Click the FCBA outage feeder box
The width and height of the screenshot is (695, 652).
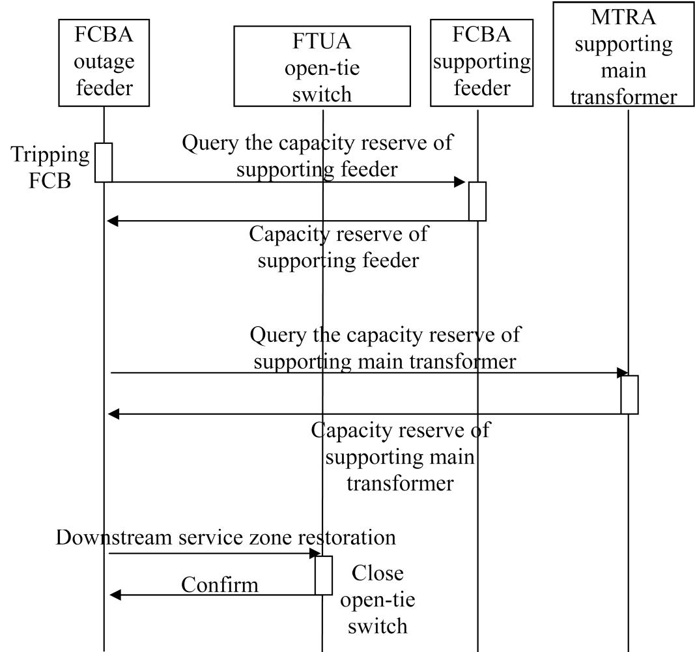[x=104, y=63]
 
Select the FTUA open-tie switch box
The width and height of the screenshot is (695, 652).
[x=322, y=66]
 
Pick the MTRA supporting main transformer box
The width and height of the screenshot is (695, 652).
[x=623, y=55]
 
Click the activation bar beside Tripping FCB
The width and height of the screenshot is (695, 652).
[x=104, y=162]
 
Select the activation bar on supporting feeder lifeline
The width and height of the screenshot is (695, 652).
[x=477, y=201]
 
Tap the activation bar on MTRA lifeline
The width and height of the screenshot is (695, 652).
[x=629, y=394]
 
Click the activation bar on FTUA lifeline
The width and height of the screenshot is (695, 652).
[x=323, y=575]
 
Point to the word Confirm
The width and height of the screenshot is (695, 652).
[x=220, y=584]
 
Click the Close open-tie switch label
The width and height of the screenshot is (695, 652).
[x=377, y=599]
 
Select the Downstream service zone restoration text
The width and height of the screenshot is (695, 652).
[x=225, y=538]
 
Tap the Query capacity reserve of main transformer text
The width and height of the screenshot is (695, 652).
[x=385, y=348]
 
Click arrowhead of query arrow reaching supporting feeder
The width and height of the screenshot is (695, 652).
[x=460, y=182]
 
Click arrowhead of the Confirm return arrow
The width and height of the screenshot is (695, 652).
[x=113, y=595]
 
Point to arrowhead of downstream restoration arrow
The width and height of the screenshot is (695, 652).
[x=315, y=554]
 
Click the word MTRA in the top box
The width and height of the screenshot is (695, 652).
[x=623, y=18]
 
